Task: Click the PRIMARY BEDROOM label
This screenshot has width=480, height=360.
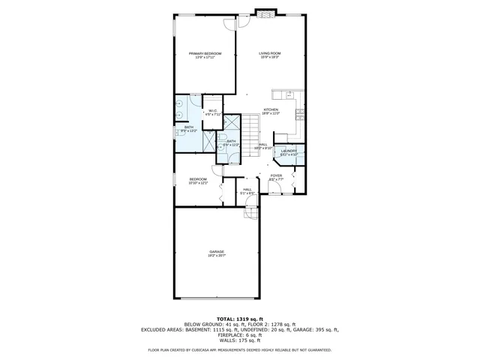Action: pos(205,53)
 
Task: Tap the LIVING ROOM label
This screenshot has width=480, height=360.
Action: pos(270,53)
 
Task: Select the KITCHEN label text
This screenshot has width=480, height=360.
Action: pos(271,110)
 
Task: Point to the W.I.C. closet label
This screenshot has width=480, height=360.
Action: pos(214,111)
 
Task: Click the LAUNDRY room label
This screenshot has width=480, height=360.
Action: pos(289,151)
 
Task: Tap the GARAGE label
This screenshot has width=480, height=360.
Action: pos(216,251)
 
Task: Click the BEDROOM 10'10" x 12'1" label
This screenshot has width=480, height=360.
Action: pos(198,178)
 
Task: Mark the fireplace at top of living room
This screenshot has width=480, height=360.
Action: pos(266,12)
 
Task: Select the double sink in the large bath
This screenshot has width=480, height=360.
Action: pos(180,109)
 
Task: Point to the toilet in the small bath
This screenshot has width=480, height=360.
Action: pos(222,148)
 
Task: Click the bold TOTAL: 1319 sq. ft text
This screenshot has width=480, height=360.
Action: pos(240,319)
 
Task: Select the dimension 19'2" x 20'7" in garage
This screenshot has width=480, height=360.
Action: pos(216,256)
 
